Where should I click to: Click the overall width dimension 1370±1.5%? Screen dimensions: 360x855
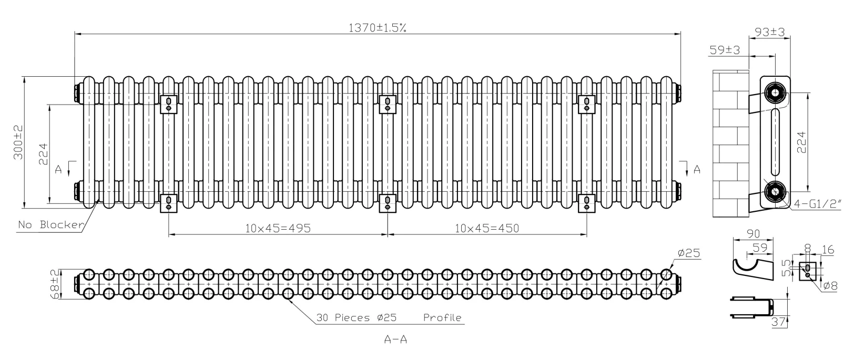coord(377,28)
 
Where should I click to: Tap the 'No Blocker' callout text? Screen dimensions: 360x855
coord(51,225)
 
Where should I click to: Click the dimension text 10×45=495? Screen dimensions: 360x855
coord(278,228)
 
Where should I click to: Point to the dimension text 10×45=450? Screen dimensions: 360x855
coord(487,228)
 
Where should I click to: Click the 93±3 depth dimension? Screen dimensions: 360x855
coord(769,32)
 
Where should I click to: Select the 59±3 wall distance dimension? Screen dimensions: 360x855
coord(725,50)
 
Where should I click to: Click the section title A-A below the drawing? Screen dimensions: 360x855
coord(395,340)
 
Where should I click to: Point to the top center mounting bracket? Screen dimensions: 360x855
coord(388,103)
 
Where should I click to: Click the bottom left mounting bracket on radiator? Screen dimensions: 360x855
coord(168,203)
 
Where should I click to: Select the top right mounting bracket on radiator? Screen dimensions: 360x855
coord(586,103)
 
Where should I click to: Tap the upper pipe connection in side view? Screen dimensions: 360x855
coord(775,92)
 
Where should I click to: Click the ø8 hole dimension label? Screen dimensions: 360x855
coord(829,286)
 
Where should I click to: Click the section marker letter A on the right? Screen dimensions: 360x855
coord(697,169)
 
